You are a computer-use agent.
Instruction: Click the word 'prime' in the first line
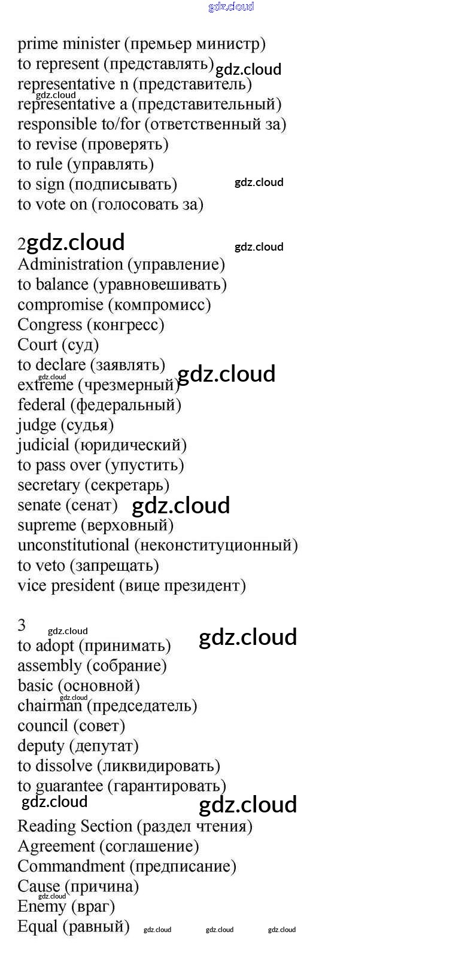38,44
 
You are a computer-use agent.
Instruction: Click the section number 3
22,625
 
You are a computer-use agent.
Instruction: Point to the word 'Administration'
70,264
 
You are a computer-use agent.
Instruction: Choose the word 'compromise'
60,305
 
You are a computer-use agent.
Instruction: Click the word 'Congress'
50,325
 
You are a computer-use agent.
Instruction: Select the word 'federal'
41,405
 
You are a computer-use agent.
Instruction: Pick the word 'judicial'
43,445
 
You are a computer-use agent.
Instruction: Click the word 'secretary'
48,485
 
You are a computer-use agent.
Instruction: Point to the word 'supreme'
47,526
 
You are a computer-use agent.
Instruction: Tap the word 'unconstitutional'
73,546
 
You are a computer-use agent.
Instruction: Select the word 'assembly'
49,666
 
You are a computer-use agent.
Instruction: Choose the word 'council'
42,726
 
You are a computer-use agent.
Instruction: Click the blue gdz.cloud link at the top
231,7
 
